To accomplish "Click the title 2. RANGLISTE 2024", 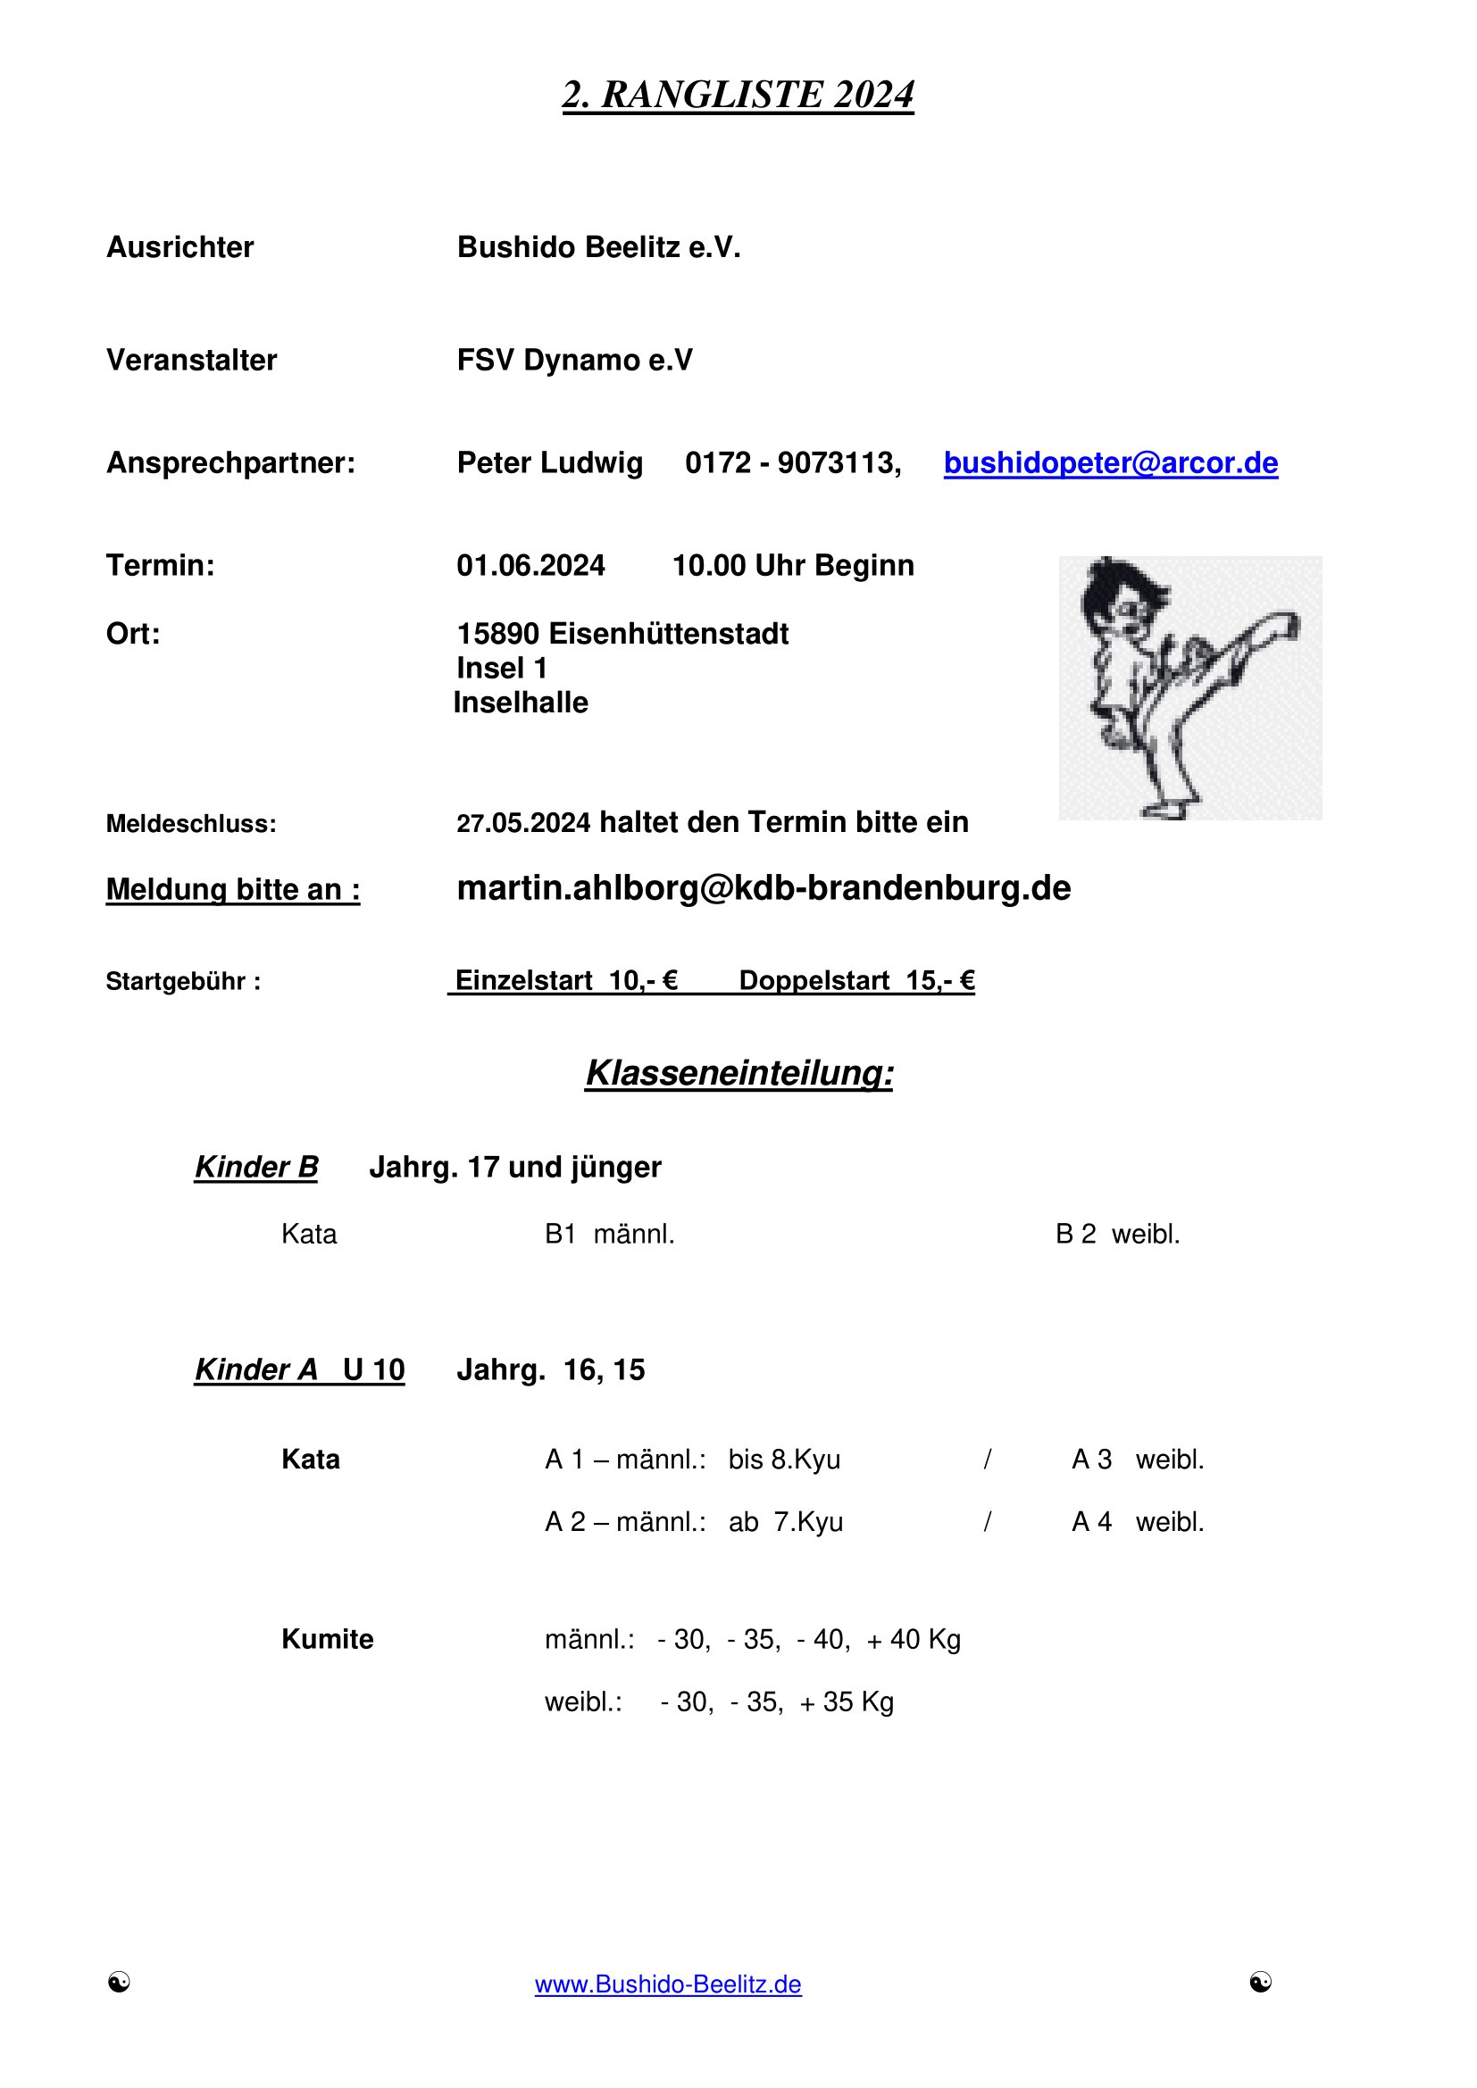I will (x=738, y=96).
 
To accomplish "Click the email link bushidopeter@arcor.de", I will (x=1110, y=463).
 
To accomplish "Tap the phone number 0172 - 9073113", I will (x=791, y=463).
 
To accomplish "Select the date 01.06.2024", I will (x=530, y=566).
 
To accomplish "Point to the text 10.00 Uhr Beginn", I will (x=792, y=566).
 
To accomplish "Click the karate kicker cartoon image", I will (x=1189, y=687).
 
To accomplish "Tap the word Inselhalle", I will (x=521, y=703).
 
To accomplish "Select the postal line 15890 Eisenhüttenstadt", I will (x=622, y=634).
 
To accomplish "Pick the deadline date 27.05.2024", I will (x=523, y=824).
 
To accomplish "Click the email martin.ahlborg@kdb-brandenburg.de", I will (x=763, y=888).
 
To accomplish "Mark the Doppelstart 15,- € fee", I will (x=855, y=981).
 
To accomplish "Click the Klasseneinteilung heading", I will (x=738, y=1073).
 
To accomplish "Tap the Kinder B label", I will (x=256, y=1167).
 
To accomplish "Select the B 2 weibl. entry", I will (x=1117, y=1235).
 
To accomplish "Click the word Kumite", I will (x=328, y=1640).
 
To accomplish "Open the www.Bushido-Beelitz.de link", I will (x=668, y=1984).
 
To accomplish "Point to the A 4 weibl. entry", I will (x=1137, y=1522).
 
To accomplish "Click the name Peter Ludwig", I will (x=549, y=463).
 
